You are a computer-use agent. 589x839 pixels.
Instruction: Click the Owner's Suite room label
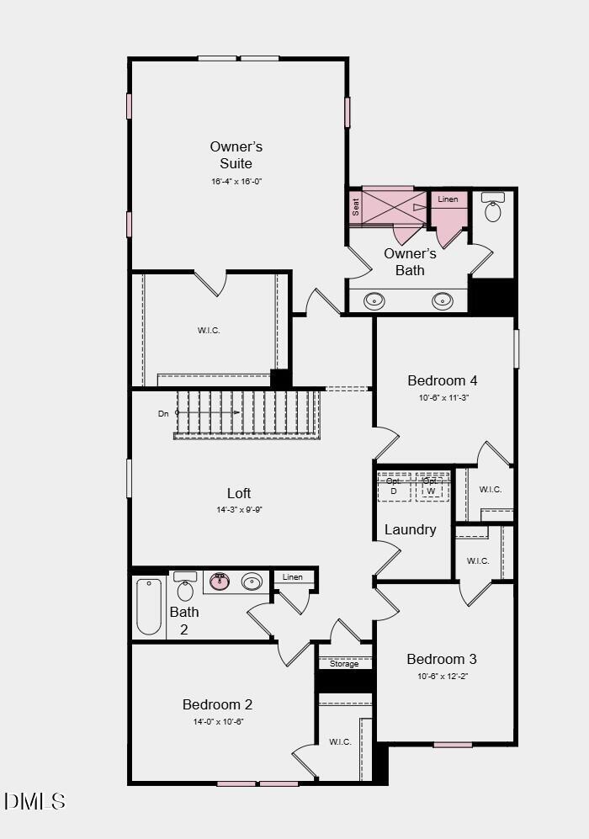236,155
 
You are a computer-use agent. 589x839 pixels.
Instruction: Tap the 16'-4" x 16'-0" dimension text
236,182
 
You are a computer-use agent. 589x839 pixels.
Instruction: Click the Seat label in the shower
356,207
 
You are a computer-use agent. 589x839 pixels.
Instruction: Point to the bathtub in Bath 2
149,606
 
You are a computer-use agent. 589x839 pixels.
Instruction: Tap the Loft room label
239,493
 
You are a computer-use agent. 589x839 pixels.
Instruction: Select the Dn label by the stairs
163,414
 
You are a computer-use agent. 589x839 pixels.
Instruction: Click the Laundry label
411,529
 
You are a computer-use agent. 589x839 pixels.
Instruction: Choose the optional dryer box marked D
394,487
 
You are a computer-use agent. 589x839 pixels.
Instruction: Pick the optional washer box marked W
431,487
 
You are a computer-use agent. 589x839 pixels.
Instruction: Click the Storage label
344,664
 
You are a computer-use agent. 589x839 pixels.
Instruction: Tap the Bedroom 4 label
443,380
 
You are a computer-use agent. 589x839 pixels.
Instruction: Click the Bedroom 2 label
217,704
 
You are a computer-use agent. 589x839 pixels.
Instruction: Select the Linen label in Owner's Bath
448,199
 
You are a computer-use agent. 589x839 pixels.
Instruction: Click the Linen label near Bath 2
293,577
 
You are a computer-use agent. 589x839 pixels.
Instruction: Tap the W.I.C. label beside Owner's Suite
209,331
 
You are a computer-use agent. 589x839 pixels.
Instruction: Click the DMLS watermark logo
34,801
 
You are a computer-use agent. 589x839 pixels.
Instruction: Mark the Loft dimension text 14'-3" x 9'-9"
239,510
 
